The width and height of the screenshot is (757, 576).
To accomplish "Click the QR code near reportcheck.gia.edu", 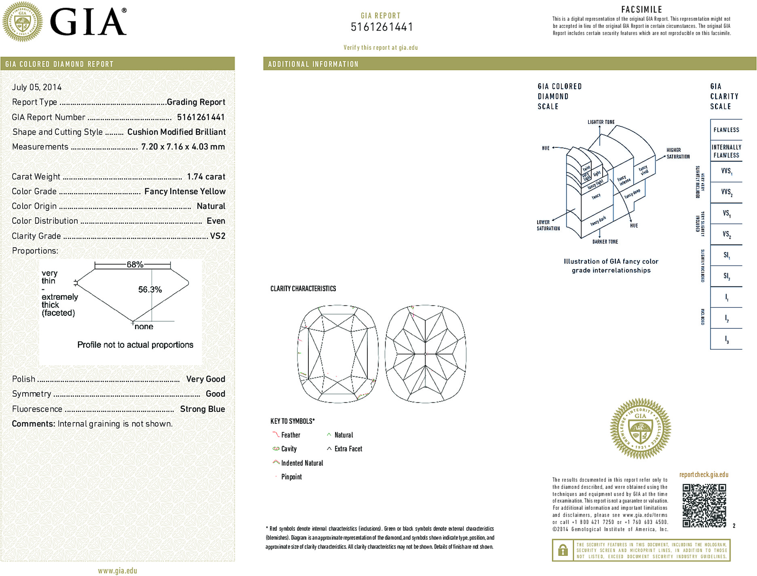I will click(x=704, y=505).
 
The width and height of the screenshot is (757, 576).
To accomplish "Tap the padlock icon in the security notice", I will click(x=563, y=550).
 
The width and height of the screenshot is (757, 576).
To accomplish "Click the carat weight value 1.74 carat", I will click(x=206, y=177).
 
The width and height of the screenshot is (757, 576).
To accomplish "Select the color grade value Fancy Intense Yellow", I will click(x=185, y=191).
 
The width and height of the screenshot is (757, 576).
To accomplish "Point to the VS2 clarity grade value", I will click(x=217, y=236).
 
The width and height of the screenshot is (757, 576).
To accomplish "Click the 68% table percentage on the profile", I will click(x=135, y=265).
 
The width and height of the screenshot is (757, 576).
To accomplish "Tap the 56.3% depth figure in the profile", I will click(x=150, y=290).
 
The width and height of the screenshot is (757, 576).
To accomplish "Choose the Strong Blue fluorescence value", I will click(x=202, y=409).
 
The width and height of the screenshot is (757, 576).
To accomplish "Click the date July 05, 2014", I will click(x=37, y=87).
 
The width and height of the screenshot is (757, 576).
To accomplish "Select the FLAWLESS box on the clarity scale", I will click(x=726, y=130).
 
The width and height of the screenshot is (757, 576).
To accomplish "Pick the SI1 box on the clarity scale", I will click(x=726, y=255).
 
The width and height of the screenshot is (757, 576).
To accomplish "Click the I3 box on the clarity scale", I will click(x=726, y=339).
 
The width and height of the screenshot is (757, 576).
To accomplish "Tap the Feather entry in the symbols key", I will click(x=291, y=435).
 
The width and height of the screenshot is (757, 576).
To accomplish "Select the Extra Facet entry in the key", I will click(x=348, y=449).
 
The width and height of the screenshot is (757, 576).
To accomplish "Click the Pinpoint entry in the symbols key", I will click(x=291, y=477).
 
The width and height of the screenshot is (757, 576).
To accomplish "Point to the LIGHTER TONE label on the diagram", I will click(x=601, y=122).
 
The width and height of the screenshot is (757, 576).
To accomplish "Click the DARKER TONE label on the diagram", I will click(x=605, y=242).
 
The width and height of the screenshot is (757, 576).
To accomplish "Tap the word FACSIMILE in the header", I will click(x=641, y=9).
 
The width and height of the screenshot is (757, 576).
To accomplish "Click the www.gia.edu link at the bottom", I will click(x=117, y=571).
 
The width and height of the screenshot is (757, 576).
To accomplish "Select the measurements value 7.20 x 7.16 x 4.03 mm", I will click(x=183, y=147).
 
